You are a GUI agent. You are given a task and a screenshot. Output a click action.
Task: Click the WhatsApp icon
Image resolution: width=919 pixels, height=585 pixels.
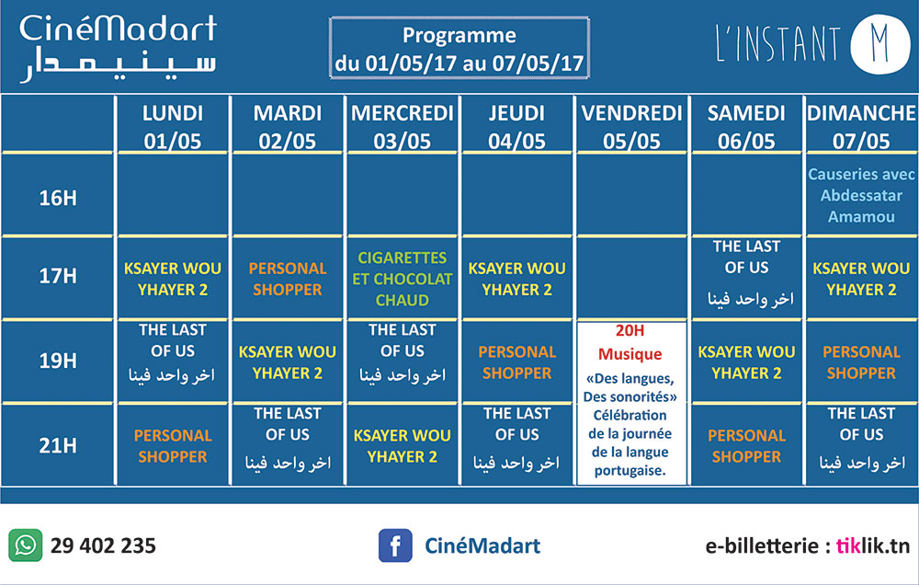[x=25, y=545]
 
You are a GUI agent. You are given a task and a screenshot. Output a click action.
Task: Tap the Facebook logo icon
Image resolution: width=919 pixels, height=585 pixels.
[x=395, y=545]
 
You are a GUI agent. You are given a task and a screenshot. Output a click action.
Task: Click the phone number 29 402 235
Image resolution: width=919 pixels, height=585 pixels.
[x=103, y=545]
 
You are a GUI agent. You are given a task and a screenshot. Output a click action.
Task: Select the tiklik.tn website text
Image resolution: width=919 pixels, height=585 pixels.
[x=873, y=545]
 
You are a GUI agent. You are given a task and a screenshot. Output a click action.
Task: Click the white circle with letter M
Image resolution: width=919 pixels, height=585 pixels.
[x=879, y=44]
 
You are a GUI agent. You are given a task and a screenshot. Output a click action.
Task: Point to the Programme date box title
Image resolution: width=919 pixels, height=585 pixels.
[x=459, y=48]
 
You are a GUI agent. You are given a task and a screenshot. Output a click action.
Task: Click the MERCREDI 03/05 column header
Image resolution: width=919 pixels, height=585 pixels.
[x=403, y=127]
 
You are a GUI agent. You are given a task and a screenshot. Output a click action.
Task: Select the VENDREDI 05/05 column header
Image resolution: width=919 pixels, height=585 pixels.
[x=632, y=127]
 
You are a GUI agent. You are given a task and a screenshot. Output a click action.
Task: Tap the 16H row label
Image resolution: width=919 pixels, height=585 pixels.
[x=57, y=198]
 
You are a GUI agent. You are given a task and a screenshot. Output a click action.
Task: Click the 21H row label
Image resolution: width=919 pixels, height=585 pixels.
[x=57, y=446]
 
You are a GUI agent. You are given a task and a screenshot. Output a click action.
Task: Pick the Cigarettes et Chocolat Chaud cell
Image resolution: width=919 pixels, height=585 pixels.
[x=403, y=279]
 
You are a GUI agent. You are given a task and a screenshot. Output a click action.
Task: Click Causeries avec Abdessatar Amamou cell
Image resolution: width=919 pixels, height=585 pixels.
[x=861, y=195]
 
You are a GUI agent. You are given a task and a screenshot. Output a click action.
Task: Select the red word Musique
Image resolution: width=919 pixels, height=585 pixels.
[x=630, y=354]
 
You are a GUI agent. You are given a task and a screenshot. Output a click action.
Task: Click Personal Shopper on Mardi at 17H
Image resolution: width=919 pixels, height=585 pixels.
[x=287, y=279]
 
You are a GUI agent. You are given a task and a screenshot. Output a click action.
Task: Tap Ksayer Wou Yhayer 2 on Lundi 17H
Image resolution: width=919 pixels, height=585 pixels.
[x=173, y=279]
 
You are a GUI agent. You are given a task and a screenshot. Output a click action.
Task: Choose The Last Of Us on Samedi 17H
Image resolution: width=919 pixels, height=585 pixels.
[x=746, y=274]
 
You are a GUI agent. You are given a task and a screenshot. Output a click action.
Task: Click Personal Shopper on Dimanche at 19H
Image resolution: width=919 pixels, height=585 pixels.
[x=861, y=362]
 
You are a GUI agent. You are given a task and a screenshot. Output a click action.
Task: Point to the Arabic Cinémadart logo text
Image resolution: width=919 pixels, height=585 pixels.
[x=118, y=65]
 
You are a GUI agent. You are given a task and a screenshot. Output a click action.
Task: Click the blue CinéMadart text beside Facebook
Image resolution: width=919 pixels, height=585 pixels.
[x=482, y=545]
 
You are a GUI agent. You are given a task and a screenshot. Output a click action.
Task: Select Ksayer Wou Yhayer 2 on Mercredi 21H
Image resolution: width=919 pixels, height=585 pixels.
[x=403, y=446]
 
